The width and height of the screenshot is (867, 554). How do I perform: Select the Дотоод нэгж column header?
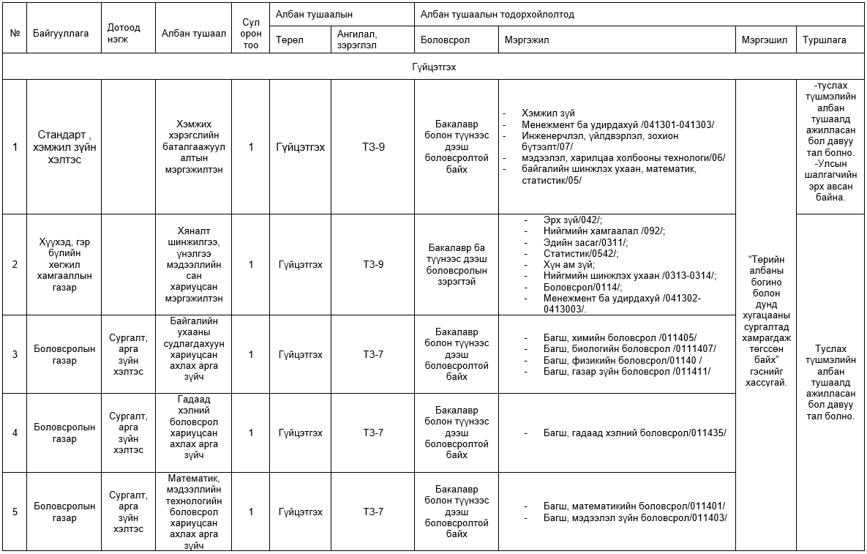click(123, 34)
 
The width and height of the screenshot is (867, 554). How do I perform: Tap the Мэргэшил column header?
click(764, 40)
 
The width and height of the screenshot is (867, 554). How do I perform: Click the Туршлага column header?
click(824, 40)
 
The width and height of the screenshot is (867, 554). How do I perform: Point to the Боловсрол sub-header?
click(446, 40)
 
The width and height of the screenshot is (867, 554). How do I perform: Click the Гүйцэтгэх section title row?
click(434, 67)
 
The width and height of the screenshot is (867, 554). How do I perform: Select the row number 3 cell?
click(15, 355)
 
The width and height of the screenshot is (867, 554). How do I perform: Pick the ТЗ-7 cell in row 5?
click(372, 512)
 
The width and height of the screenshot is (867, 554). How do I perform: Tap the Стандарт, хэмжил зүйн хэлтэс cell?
click(64, 146)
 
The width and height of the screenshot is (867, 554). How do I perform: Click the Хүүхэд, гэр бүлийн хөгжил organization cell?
click(64, 264)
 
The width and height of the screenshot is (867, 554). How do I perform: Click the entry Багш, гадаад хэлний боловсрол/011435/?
click(634, 433)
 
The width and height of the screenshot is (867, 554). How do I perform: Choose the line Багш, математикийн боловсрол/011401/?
click(634, 506)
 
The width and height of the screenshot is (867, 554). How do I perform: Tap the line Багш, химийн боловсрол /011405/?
click(620, 337)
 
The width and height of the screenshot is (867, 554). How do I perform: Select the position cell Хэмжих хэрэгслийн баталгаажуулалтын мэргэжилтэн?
click(193, 146)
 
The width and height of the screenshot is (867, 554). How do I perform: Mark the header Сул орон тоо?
click(250, 34)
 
